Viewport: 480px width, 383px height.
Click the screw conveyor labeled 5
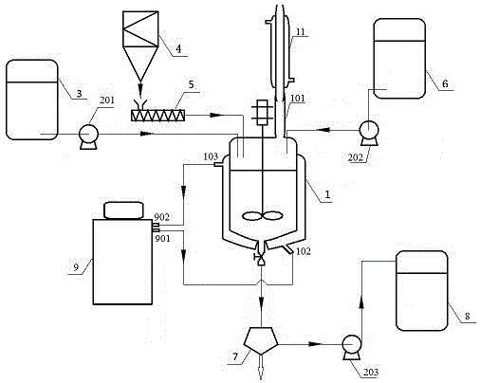tap(157, 115)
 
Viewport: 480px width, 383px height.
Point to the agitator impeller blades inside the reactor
tap(262, 216)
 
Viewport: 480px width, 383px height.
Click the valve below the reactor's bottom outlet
tap(261, 259)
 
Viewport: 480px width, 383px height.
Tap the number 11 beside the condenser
tap(300, 32)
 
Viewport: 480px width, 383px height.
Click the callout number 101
tap(298, 99)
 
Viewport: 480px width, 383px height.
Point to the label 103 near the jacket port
tap(211, 156)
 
